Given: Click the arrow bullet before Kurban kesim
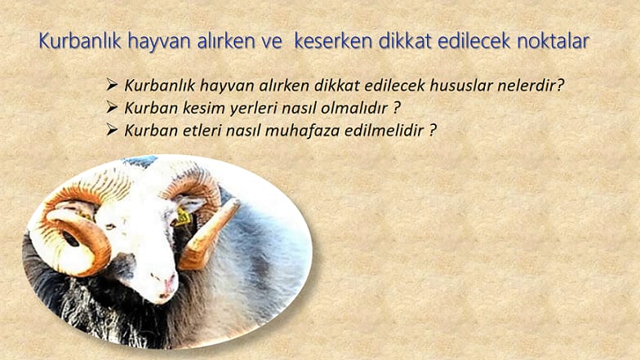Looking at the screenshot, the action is point(112,107).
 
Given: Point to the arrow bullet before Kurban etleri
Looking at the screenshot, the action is point(112,129).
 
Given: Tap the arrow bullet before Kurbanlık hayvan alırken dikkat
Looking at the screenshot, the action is point(112,85).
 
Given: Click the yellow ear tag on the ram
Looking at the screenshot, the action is point(182,216).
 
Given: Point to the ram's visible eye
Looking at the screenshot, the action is point(109,227).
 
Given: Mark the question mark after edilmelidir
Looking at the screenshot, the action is point(433,131).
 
